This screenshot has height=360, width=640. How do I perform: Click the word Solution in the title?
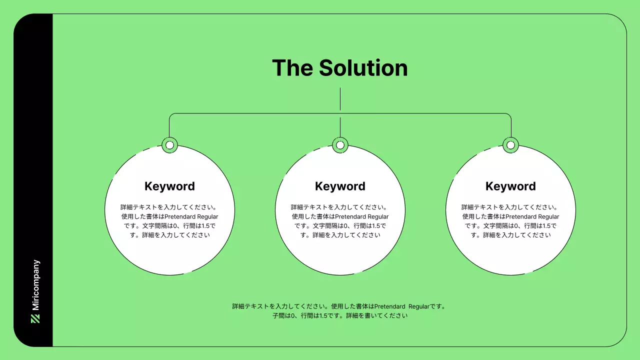coord(363,68)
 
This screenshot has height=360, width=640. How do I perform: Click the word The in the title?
coord(292,68)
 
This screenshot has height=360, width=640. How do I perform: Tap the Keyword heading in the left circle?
coord(169,186)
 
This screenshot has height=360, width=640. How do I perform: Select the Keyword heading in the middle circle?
coord(340,186)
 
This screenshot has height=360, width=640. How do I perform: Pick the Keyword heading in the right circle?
coord(510,186)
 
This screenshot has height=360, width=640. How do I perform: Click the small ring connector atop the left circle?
coord(169,145)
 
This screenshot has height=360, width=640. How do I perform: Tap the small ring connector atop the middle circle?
coord(340,145)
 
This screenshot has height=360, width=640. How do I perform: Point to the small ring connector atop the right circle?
coord(510,145)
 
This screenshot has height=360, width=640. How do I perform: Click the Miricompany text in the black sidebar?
coord(35,285)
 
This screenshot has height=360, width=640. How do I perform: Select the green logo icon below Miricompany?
coord(35,318)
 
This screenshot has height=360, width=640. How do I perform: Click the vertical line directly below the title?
coord(340,99)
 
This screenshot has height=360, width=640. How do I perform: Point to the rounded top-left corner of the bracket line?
coord(170,115)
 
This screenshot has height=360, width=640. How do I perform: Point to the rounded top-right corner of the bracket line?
coord(509,115)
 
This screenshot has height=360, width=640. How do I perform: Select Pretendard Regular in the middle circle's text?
coord(361,216)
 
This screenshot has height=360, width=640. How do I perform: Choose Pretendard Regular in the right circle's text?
coord(532,216)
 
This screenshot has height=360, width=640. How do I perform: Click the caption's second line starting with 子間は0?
coord(340,316)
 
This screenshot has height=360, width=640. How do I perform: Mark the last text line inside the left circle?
coord(169,235)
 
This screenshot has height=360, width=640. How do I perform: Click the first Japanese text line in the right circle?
coord(510,207)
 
